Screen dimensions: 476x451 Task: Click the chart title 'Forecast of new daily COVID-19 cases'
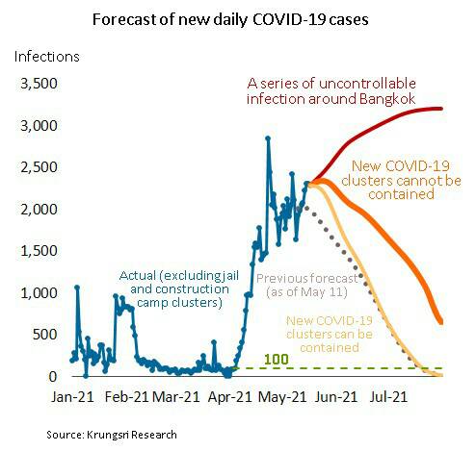point(230,20)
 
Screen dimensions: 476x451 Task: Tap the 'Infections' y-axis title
point(47,57)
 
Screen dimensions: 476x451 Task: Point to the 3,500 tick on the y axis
point(39,84)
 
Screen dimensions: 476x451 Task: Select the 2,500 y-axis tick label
point(39,167)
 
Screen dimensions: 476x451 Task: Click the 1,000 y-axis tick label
point(39,293)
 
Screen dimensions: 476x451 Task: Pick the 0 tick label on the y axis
point(53,377)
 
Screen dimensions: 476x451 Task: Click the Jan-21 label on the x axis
point(72,397)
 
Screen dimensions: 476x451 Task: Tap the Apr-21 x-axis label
point(230,397)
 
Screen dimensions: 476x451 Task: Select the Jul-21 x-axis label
point(388,397)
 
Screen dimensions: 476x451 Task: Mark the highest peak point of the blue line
point(268,138)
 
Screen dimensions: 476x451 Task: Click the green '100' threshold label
point(277,360)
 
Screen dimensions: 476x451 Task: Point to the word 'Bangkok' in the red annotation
point(387,99)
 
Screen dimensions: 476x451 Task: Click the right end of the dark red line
point(441,109)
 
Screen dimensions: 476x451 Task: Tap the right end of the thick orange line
point(441,322)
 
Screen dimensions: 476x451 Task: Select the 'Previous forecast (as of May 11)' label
point(307,286)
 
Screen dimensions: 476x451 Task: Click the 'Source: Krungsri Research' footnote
point(112,435)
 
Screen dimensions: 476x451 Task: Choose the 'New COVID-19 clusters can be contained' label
point(330,334)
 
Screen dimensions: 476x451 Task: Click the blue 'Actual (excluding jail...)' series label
point(179,289)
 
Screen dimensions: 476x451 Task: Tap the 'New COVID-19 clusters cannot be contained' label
point(401,180)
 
